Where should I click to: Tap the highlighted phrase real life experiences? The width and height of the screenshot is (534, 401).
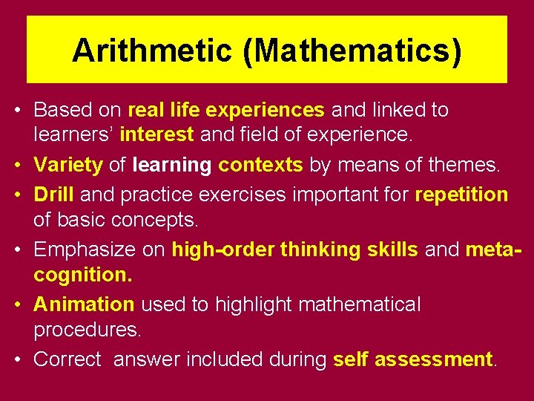pyautogui.click(x=226, y=111)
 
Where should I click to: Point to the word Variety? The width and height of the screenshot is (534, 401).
pyautogui.click(x=68, y=165)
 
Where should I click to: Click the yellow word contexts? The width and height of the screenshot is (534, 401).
pyautogui.click(x=260, y=165)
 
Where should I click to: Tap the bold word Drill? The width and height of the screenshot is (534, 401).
pyautogui.click(x=54, y=195)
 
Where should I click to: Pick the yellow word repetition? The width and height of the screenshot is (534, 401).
pyautogui.click(x=461, y=195)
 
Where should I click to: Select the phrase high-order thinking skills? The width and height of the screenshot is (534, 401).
pyautogui.click(x=294, y=250)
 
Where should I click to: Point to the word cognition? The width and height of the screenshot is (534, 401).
pyautogui.click(x=83, y=276)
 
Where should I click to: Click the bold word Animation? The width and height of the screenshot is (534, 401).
pyautogui.click(x=84, y=304)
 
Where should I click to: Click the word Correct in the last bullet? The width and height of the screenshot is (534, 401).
pyautogui.click(x=67, y=359)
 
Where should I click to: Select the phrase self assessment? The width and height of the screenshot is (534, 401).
pyautogui.click(x=413, y=359)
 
